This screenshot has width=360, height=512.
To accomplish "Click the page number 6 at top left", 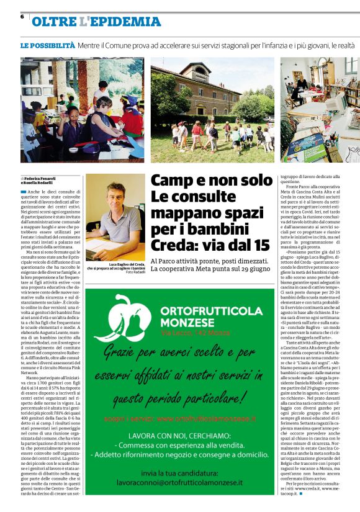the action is coord(22,17).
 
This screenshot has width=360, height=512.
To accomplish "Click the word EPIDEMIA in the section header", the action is coord(129,22).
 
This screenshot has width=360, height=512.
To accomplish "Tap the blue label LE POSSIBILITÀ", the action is coord(48,45).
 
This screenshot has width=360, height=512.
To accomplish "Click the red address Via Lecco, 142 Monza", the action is coord(194,335).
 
